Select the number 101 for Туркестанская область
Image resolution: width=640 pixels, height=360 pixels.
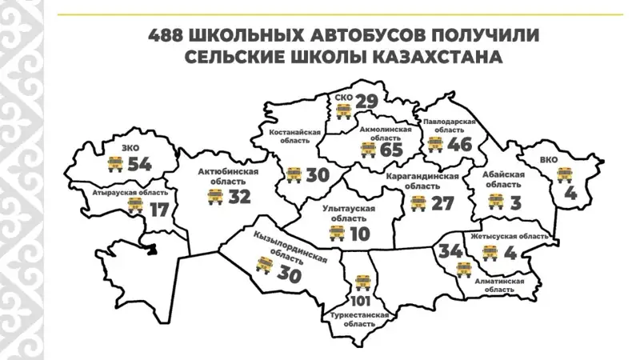[362, 302]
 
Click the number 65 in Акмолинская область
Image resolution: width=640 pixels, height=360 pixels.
[391, 149]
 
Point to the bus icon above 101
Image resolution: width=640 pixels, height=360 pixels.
[362, 282]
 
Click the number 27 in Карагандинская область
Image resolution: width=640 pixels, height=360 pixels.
[442, 202]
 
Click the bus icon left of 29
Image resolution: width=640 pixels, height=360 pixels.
[344, 110]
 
